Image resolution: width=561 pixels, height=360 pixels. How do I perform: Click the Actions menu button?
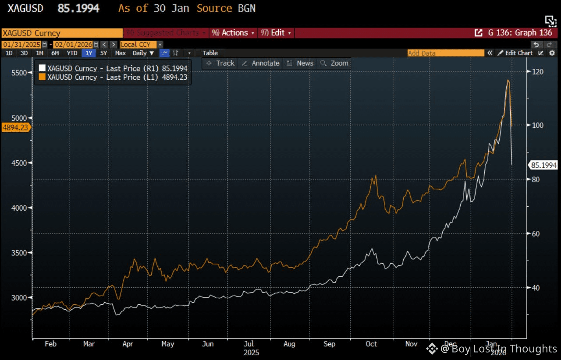coord(233,33)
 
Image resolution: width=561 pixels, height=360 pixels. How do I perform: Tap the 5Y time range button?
coord(103,53)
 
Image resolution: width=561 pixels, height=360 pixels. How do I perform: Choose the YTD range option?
coord(72,53)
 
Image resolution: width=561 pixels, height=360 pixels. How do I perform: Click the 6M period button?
coord(55,53)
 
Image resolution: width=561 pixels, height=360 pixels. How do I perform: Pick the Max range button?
coord(120,53)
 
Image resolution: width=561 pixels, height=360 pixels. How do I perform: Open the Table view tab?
coord(210,53)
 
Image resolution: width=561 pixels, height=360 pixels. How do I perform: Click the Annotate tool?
coord(261,63)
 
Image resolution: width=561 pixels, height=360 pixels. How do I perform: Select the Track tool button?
coord(220,63)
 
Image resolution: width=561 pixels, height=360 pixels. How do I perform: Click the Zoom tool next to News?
coord(335,63)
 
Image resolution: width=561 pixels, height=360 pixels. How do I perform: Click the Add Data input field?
coord(445,53)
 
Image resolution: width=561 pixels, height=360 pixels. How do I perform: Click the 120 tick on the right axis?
coord(537,71)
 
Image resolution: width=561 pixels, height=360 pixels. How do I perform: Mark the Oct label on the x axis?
coord(371,344)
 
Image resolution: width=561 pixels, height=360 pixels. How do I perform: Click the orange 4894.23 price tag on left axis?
coord(16,127)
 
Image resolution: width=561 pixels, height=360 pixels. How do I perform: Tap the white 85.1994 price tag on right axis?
coord(543,165)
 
